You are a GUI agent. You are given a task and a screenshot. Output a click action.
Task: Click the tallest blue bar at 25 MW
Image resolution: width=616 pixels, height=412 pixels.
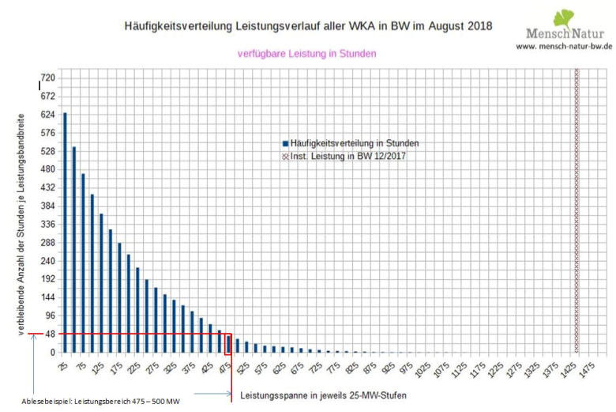[x=65, y=232]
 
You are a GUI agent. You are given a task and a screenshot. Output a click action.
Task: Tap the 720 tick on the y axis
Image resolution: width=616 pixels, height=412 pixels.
[x=48, y=77]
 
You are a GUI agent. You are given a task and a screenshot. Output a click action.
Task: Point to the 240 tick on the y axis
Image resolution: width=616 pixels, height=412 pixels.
[x=48, y=260]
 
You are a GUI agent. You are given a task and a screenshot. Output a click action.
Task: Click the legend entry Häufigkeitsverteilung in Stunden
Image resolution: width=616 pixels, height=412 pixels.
[x=354, y=143]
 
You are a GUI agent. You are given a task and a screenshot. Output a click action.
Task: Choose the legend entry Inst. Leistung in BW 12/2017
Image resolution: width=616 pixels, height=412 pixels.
[x=348, y=156]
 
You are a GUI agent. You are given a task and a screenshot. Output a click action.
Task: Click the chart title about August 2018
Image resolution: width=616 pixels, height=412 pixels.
[x=308, y=26]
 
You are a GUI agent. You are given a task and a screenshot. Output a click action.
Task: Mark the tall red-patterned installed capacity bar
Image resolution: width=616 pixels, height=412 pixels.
[x=576, y=210]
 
